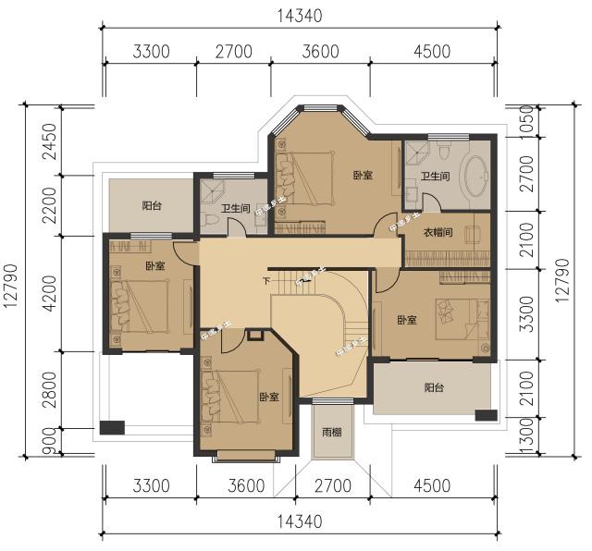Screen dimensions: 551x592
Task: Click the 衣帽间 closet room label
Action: click(x=438, y=233)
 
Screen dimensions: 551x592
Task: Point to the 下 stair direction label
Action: click(x=266, y=281)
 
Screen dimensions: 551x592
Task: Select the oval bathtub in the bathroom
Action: click(x=476, y=177)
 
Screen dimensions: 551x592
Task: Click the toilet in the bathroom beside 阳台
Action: click(x=211, y=218)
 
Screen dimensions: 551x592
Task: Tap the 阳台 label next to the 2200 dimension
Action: click(x=152, y=205)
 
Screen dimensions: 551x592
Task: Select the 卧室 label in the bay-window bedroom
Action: click(x=363, y=175)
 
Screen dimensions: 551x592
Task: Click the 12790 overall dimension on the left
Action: click(x=13, y=277)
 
